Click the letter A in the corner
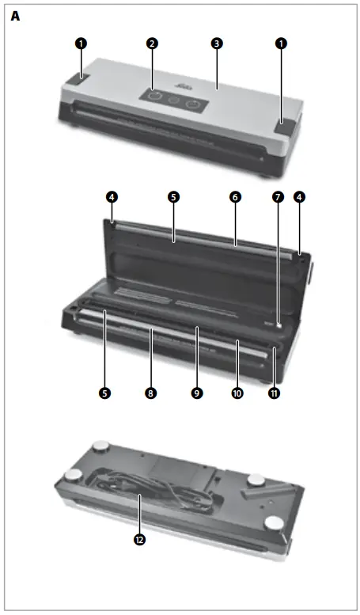point(15,15)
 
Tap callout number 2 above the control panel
point(151,44)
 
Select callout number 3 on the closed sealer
point(216,44)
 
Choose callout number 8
point(151,391)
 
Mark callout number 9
point(197,391)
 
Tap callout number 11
point(275,391)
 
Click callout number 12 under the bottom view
point(139,541)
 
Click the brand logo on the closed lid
point(176,82)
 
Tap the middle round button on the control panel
point(173,101)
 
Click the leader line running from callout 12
point(139,514)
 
